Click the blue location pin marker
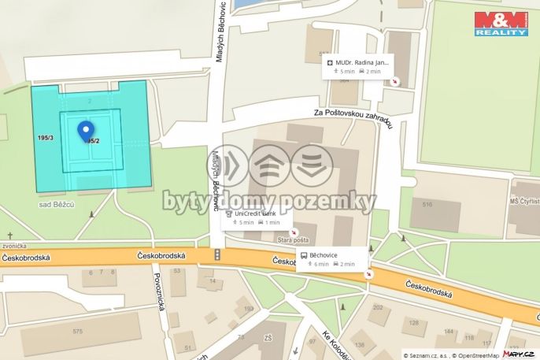85,130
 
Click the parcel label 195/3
46,138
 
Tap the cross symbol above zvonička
11,236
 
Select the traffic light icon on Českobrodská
217,254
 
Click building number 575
77,332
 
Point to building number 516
427,205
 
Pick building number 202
377,307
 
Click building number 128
412,321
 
